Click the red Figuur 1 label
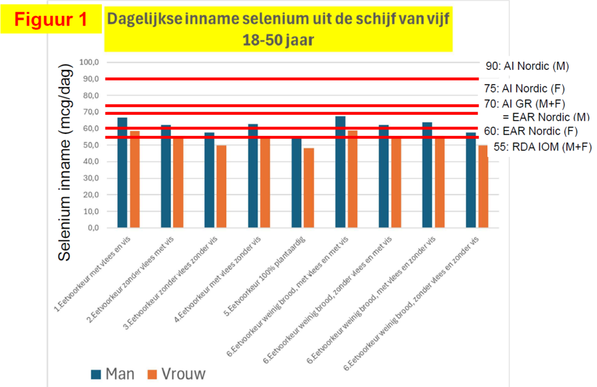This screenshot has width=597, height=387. pyautogui.click(x=51, y=19)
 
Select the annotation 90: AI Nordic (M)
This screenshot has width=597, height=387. pyautogui.click(x=526, y=66)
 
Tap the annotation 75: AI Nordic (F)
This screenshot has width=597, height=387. pyautogui.click(x=525, y=89)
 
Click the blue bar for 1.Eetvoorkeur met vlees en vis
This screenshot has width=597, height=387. pyautogui.click(x=122, y=173)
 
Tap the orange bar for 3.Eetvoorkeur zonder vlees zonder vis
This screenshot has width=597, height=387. pyautogui.click(x=222, y=187)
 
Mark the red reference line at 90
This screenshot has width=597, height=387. pyautogui.click(x=292, y=79)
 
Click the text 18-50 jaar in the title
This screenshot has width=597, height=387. pyautogui.click(x=278, y=41)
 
